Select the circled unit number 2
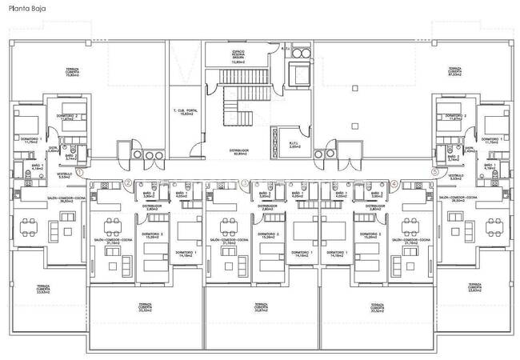click(129, 182)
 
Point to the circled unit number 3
click(244, 182)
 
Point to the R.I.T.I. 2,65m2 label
click(294, 146)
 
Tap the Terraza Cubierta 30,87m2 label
click(260, 307)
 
